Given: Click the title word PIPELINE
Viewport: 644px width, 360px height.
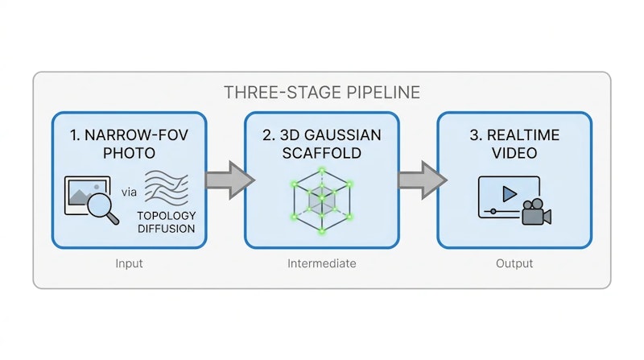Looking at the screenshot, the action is click(x=383, y=93).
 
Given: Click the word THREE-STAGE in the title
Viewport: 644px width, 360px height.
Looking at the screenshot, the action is click(x=283, y=93).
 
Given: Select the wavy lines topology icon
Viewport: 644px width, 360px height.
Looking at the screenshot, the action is click(x=167, y=188).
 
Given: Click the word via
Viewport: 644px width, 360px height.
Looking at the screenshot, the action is click(x=129, y=192).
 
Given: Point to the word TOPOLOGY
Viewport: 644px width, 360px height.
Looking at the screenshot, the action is click(x=167, y=216).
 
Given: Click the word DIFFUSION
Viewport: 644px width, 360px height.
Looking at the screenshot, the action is click(x=167, y=229).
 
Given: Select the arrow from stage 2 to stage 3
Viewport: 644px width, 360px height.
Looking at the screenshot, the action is click(x=423, y=180).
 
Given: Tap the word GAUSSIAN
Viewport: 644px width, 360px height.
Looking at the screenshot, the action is click(x=343, y=135).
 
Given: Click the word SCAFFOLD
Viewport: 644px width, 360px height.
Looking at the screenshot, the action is click(x=321, y=153).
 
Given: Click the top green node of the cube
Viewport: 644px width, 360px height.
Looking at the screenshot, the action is click(x=322, y=170).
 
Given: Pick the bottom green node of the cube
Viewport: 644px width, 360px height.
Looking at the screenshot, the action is click(x=322, y=231).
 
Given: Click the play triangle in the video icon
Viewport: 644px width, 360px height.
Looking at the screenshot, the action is click(x=510, y=194).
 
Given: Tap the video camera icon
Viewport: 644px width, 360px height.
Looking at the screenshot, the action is click(x=536, y=212).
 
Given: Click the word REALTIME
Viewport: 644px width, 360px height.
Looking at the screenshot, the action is click(x=522, y=135).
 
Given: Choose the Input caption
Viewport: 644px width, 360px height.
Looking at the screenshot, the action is click(x=129, y=263).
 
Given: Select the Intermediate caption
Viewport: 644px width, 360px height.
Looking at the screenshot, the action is click(x=321, y=263).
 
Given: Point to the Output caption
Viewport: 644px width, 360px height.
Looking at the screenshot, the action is click(x=514, y=263).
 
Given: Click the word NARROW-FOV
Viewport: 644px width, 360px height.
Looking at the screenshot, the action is click(x=136, y=135).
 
